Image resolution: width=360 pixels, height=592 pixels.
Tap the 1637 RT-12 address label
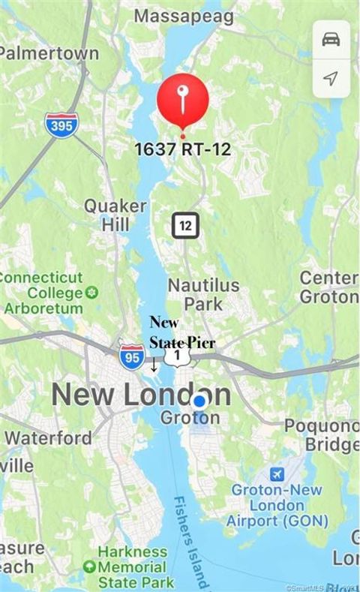coord(182,149)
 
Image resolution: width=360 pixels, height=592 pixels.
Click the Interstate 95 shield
coord(131,357)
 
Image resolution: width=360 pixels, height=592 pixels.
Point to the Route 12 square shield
coord(185,224)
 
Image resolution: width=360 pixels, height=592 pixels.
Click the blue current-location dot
coord(199,401)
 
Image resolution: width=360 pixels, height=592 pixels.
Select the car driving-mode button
coord(331,39)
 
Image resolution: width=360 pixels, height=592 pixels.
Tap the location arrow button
coord(331,77)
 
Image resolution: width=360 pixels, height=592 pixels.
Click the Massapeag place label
coord(184,16)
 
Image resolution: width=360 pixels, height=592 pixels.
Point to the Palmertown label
coord(49,53)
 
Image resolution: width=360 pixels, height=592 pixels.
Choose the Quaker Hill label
coord(115,215)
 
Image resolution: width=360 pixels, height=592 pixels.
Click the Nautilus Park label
coord(203,294)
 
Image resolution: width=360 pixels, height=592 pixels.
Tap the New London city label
coord(141,395)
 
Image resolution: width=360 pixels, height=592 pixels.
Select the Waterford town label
coord(49,437)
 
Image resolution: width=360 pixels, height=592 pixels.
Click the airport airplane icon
coord(277,474)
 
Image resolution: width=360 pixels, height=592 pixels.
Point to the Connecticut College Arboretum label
coord(46,293)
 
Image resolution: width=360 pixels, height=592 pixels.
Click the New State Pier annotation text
coord(182,332)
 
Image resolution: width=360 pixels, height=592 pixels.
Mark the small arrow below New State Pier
coord(154,365)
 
